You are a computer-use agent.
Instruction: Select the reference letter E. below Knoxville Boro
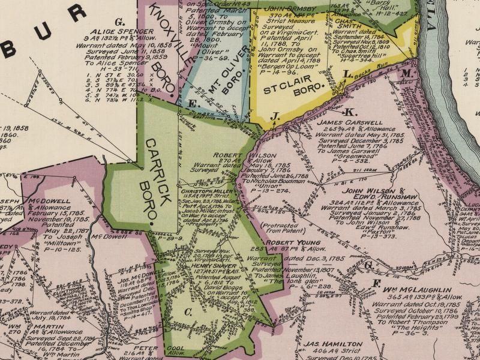[x=193, y=104]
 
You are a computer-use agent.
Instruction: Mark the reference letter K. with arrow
[x=351, y=112]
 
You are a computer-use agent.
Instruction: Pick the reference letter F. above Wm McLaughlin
[x=377, y=283]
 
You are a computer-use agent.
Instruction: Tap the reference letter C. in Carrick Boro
[x=188, y=311]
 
